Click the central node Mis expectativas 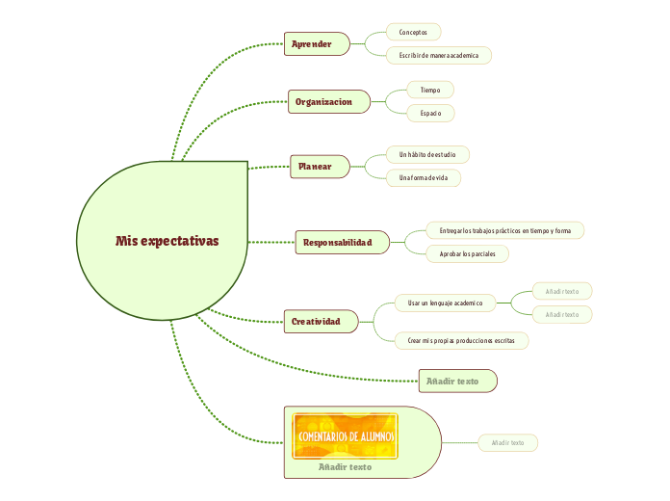tap(167, 241)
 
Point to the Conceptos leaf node tap(413, 32)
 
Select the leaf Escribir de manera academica tap(438, 56)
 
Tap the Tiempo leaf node tap(430, 90)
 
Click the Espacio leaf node tap(430, 114)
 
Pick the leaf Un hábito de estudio tap(426, 154)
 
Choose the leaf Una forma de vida tap(423, 178)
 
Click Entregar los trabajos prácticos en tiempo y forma tap(504, 230)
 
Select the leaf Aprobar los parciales tap(467, 254)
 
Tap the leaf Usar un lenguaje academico tap(445, 303)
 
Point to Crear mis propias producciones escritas tap(461, 340)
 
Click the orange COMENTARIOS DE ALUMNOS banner tap(346, 436)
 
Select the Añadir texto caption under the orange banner tap(345, 467)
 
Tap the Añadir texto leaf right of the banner tap(507, 443)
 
